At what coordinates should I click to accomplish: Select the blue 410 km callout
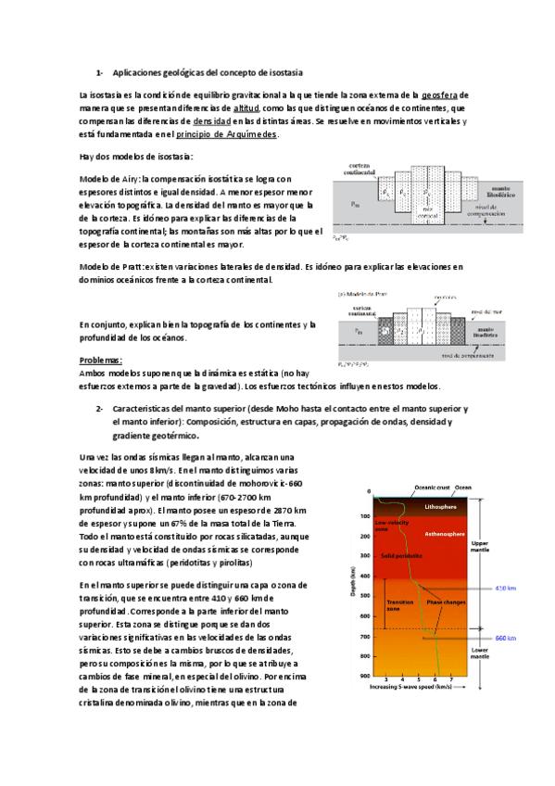pyautogui.click(x=505, y=589)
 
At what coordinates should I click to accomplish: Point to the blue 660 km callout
pyautogui.click(x=505, y=639)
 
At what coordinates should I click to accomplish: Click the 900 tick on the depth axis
pyautogui.click(x=365, y=677)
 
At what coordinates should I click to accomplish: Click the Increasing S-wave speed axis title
pyautogui.click(x=410, y=688)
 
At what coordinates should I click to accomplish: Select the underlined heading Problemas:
pyautogui.click(x=101, y=360)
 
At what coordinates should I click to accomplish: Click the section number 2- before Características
pyautogui.click(x=98, y=408)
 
